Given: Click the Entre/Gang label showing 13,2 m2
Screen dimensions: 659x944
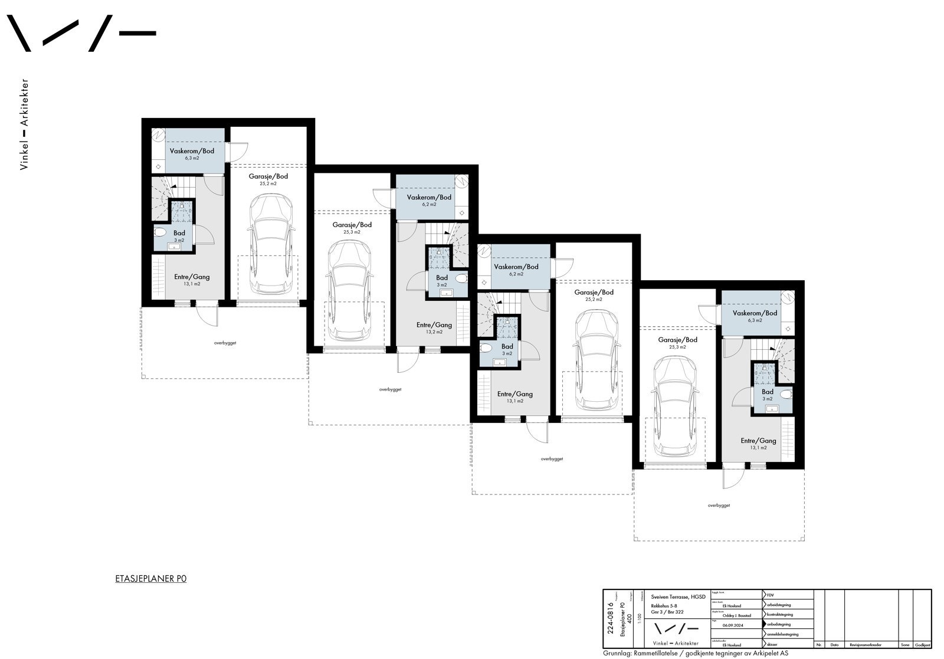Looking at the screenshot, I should point(434,328).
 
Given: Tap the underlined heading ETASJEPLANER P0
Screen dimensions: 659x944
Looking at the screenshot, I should point(150,579).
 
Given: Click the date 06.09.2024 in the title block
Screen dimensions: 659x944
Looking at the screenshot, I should point(733,625).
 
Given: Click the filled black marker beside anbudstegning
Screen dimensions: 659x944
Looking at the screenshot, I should point(764,624).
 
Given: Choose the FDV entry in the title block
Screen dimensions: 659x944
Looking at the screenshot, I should point(771,595).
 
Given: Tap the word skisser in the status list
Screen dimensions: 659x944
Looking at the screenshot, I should point(772,645).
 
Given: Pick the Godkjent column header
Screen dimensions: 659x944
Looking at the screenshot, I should point(922,645).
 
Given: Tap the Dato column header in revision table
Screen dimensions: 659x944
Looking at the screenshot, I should point(834,645).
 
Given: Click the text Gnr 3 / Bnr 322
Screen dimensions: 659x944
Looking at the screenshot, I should point(667,612).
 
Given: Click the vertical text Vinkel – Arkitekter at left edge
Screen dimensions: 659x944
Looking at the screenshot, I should point(24,124).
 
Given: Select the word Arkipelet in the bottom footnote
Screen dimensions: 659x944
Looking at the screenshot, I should point(769,654).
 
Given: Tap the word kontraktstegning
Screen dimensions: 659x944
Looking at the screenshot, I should point(780,615).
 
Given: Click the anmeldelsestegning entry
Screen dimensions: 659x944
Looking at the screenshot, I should point(782,634).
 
